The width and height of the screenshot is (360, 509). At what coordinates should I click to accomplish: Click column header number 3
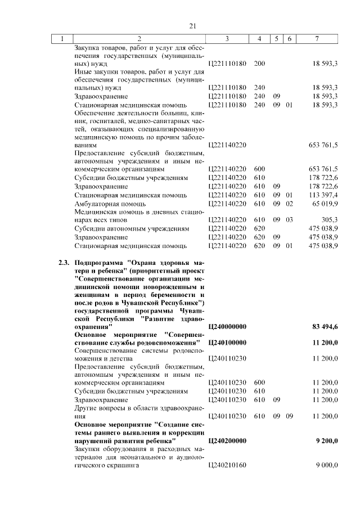(227, 39)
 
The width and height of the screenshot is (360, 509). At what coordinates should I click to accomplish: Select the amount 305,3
(329, 220)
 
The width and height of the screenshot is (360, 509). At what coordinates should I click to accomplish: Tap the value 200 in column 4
(259, 64)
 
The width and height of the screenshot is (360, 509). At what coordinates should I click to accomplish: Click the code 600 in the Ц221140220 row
(259, 169)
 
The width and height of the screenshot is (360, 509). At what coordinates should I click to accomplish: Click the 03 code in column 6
(289, 220)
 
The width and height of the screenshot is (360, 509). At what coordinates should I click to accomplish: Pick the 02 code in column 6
(289, 204)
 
